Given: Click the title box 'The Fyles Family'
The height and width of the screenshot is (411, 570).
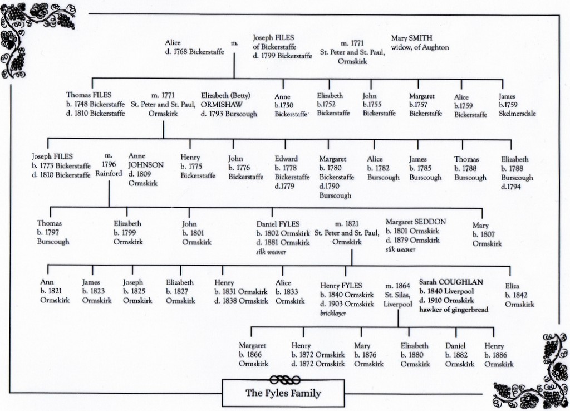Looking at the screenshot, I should point(283,393).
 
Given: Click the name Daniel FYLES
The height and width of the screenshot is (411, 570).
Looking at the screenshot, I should point(278,223).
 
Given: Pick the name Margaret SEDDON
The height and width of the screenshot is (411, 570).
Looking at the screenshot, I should point(416,222).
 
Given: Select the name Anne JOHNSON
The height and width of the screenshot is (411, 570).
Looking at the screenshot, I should point(146,160).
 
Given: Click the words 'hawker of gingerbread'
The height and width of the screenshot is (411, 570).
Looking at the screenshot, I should point(454,310).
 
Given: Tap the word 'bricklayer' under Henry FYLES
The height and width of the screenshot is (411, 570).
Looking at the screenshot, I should point(333,314).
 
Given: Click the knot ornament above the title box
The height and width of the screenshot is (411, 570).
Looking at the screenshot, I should point(284,379).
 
